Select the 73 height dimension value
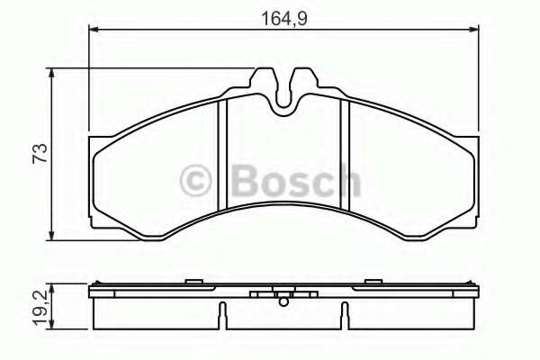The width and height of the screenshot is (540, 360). tap(38, 153)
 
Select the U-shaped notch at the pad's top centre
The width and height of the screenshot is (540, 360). tap(284, 94)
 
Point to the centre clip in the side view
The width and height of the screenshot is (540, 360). tap(283, 297)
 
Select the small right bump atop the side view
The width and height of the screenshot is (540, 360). tap(371, 283)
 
